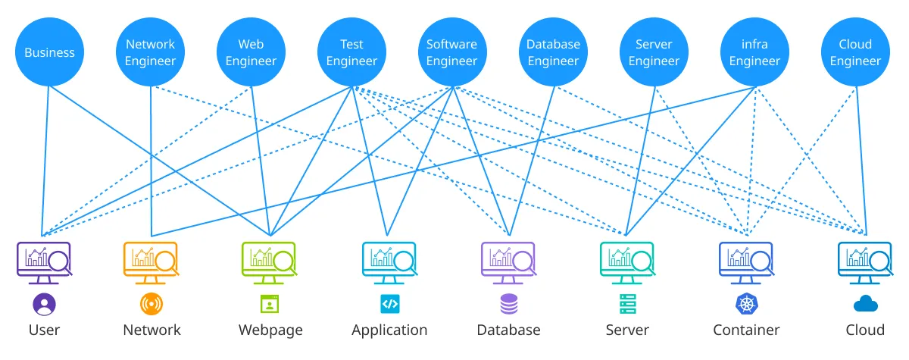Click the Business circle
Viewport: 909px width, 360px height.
[49, 52]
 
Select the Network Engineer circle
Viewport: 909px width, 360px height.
[150, 52]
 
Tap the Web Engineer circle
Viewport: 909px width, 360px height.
[251, 52]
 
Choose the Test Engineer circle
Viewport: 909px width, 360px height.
[352, 52]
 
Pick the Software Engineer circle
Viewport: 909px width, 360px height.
[452, 52]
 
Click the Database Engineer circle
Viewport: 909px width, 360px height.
[553, 52]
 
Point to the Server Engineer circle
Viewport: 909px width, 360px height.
[654, 52]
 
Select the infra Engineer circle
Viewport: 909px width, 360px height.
[754, 52]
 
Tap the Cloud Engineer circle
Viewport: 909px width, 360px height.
[855, 52]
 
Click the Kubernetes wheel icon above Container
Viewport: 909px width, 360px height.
[746, 305]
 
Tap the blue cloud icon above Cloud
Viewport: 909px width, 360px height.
[865, 305]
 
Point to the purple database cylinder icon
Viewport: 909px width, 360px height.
[509, 305]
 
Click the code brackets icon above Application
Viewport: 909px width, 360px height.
[389, 305]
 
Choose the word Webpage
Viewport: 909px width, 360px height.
[270, 330]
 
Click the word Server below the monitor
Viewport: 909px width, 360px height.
[627, 330]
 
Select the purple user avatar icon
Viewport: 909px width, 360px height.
[45, 305]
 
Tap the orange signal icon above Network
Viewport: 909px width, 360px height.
[151, 305]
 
